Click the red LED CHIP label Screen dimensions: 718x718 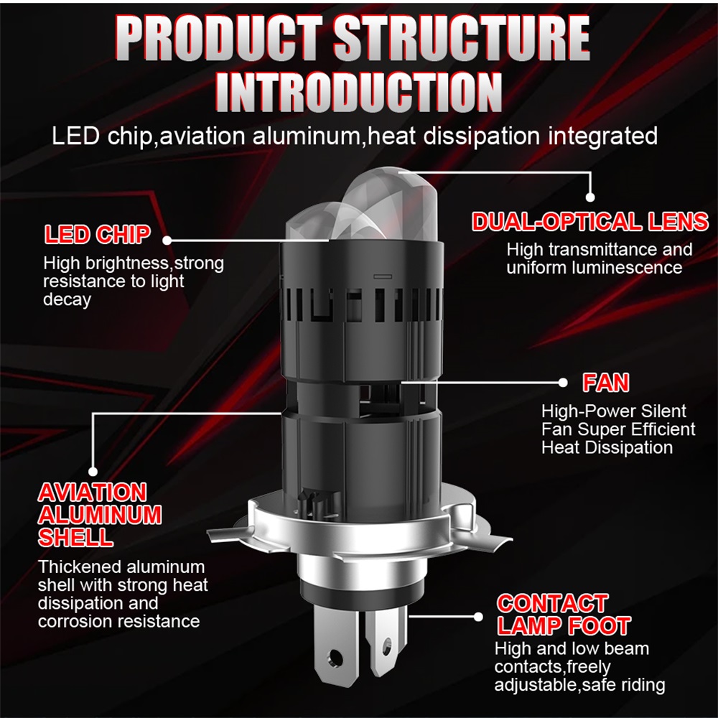(x=98, y=235)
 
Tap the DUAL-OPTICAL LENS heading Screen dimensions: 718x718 (x=590, y=222)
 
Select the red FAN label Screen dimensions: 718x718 (x=606, y=383)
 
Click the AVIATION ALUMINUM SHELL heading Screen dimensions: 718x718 (x=100, y=515)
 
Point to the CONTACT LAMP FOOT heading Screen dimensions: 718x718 (x=564, y=615)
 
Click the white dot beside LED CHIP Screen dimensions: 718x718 (x=167, y=241)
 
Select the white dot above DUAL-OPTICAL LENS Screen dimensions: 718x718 (x=590, y=197)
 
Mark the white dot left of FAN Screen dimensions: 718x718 (x=563, y=383)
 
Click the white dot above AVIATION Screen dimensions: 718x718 (x=93, y=471)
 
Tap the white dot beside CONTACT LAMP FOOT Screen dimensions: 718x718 (x=478, y=617)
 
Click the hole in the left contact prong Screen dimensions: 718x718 (x=335, y=658)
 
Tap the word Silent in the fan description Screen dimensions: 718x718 (x=664, y=411)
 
